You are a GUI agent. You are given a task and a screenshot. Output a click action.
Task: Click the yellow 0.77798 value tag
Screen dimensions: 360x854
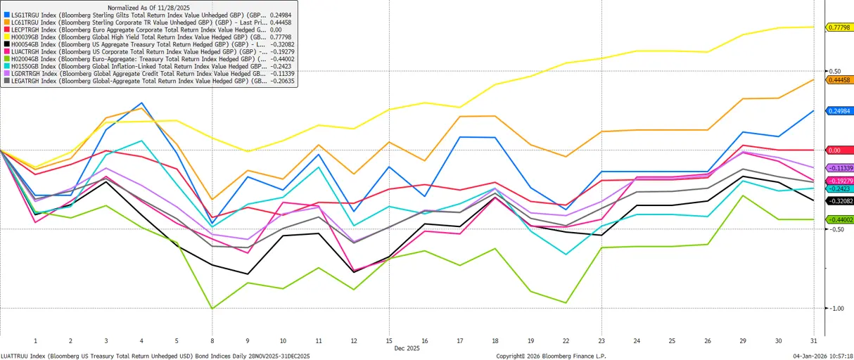click(x=839, y=27)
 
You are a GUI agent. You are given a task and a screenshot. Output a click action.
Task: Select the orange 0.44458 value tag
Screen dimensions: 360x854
click(x=839, y=80)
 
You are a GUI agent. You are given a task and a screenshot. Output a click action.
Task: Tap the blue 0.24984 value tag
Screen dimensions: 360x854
click(x=839, y=111)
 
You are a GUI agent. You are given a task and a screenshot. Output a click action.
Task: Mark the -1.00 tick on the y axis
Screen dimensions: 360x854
click(x=834, y=309)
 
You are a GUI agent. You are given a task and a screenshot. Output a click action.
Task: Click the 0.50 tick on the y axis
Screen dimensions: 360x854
click(x=834, y=72)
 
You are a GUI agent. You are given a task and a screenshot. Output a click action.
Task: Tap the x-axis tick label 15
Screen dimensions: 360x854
click(x=388, y=340)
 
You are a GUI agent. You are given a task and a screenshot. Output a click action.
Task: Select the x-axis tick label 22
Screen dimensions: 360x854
click(x=565, y=340)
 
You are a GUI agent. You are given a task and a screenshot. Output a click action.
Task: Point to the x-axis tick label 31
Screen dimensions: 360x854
click(x=812, y=340)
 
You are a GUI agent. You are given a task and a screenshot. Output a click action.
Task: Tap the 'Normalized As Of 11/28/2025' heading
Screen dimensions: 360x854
click(x=148, y=7)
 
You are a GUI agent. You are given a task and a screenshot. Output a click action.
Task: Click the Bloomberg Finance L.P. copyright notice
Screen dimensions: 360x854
click(x=551, y=355)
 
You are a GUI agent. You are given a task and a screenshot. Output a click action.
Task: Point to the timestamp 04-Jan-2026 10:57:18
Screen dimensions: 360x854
click(x=822, y=355)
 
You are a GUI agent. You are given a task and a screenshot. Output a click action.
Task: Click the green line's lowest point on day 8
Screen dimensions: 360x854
click(x=212, y=308)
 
